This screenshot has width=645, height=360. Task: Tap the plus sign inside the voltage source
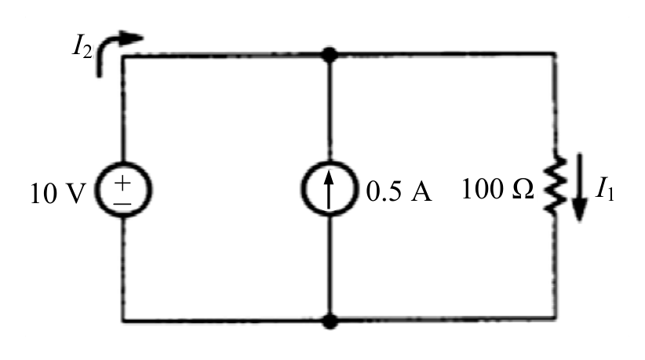click(x=122, y=182)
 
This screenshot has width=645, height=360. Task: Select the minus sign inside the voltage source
click(x=123, y=203)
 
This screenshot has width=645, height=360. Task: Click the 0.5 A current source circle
click(x=329, y=161)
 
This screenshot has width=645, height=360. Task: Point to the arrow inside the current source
click(x=329, y=190)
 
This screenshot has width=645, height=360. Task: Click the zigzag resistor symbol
click(x=555, y=184)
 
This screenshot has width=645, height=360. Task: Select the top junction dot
click(x=329, y=55)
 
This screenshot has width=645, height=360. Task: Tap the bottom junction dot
click(x=330, y=321)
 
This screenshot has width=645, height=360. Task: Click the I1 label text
click(x=605, y=189)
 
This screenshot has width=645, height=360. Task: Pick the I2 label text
click(x=82, y=46)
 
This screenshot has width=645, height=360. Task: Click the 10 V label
click(x=58, y=193)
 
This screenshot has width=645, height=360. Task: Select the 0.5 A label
click(x=399, y=191)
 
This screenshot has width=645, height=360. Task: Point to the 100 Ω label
click(x=497, y=189)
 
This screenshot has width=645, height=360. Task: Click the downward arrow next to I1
click(x=580, y=187)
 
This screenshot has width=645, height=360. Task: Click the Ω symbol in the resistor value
click(x=523, y=190)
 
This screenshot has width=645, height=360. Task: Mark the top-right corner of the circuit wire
click(x=556, y=53)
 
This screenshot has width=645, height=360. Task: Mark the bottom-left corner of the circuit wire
click(x=123, y=320)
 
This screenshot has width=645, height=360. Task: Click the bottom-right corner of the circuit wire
click(x=556, y=318)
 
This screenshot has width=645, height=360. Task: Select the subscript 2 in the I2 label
click(x=87, y=52)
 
